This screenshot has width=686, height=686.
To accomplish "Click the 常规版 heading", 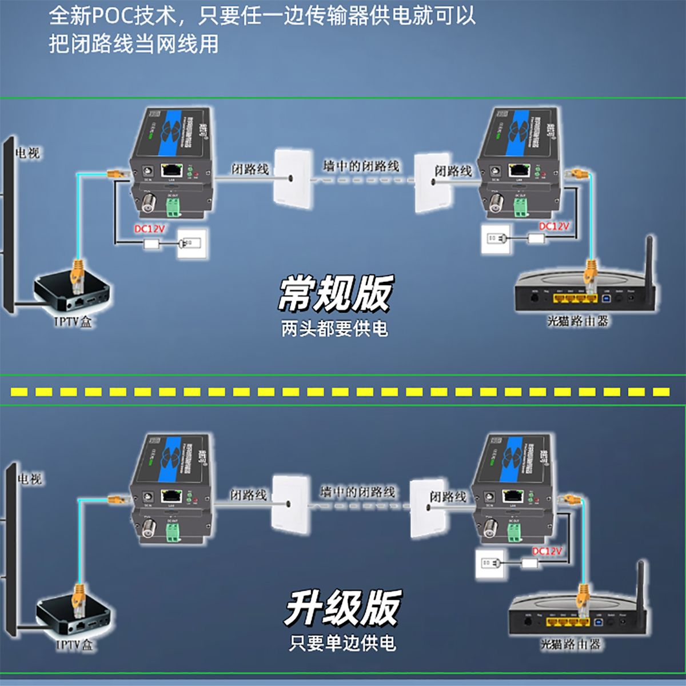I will pyautogui.click(x=336, y=293).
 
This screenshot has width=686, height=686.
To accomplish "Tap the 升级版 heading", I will pyautogui.click(x=342, y=608).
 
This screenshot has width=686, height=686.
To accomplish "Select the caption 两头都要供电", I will pyautogui.click(x=334, y=329).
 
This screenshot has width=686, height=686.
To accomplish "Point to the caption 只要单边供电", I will pyautogui.click(x=342, y=643).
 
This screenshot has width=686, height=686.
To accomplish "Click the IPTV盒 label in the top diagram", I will pyautogui.click(x=73, y=322).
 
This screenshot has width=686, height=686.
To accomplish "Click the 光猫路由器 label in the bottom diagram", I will pyautogui.click(x=571, y=644).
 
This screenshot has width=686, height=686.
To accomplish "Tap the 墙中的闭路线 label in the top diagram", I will pyautogui.click(x=361, y=166).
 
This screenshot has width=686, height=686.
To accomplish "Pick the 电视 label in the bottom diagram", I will pyautogui.click(x=30, y=478).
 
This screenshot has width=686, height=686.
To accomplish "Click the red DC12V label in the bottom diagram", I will pyautogui.click(x=547, y=551).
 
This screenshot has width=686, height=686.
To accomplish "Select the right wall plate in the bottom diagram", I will pyautogui.click(x=429, y=508).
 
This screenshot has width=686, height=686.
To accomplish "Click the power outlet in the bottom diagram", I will pyautogui.click(x=488, y=564).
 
